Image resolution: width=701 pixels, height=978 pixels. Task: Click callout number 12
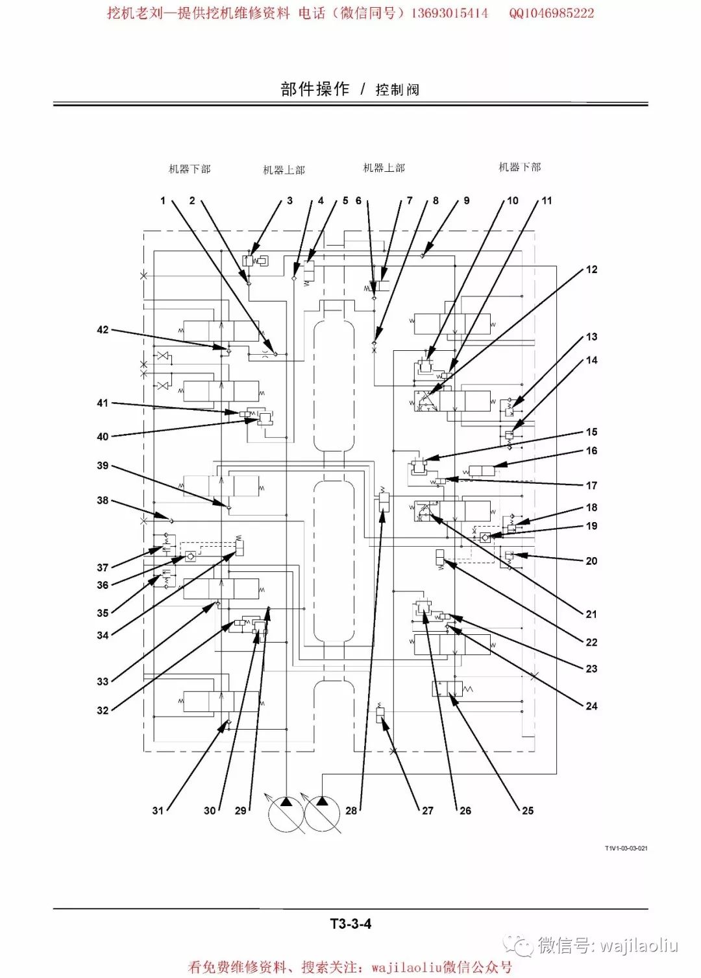coord(591,269)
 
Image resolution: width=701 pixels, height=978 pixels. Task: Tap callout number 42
coord(103,329)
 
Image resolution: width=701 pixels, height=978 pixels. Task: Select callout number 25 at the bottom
coord(528,810)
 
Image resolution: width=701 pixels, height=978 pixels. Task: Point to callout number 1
coord(163,200)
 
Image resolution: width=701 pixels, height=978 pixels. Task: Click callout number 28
coord(351,810)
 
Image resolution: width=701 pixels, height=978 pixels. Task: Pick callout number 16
coord(591,450)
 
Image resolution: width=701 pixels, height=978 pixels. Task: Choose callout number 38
coord(103,500)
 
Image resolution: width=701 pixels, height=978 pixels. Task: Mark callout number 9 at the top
coord(466,200)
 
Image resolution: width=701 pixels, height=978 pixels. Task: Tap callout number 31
coord(158,810)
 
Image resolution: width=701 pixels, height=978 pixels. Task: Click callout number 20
coord(591,560)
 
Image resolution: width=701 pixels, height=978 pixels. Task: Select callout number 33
coord(103,681)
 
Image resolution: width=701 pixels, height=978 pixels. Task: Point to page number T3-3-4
coord(350,924)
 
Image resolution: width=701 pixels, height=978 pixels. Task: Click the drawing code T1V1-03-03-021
coord(626,848)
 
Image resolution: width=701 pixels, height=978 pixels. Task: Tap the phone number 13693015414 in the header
coord(449,13)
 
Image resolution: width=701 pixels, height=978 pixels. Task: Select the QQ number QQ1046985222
coord(551,13)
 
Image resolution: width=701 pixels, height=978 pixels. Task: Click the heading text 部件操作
coord(315,89)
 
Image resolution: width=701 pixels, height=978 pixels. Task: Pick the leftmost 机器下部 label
coord(190,169)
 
